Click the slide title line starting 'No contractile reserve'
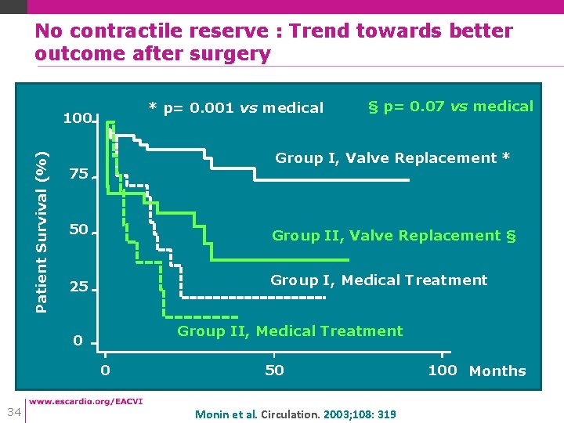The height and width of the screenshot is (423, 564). click(x=273, y=31)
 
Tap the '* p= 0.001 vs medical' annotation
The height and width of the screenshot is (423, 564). click(x=236, y=108)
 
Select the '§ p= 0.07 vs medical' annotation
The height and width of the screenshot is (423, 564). click(x=450, y=107)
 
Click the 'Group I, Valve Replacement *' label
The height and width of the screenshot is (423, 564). click(x=392, y=158)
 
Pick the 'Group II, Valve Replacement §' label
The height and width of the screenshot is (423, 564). click(x=394, y=235)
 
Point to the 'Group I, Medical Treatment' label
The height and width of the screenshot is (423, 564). click(x=378, y=280)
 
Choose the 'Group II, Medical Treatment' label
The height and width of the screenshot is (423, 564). click(x=290, y=331)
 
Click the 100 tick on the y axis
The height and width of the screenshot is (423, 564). click(x=77, y=119)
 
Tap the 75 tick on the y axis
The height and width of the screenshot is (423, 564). click(x=78, y=175)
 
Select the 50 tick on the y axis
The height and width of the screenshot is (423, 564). click(x=78, y=230)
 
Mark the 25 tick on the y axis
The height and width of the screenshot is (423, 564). click(x=78, y=287)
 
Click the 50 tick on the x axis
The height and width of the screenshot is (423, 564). click(x=274, y=371)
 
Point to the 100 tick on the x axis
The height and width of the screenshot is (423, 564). click(x=442, y=371)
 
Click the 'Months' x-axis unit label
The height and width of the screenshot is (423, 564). click(x=497, y=371)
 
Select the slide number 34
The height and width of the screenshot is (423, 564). click(x=13, y=411)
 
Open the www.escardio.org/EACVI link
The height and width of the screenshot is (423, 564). click(x=86, y=402)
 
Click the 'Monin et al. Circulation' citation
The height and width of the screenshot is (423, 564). click(x=295, y=414)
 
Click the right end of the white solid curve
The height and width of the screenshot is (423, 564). click(x=408, y=181)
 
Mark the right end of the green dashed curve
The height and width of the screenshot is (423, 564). click(x=238, y=316)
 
